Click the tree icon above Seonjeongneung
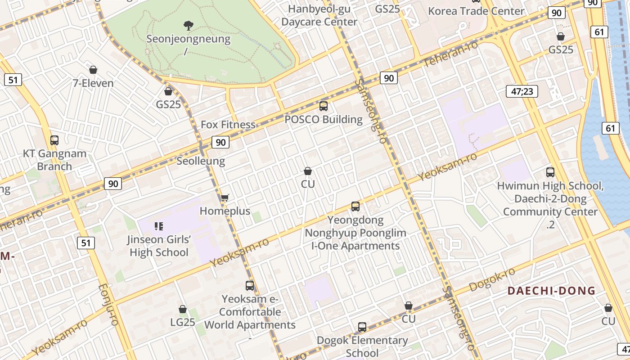[188, 25]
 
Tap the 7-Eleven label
[93, 83]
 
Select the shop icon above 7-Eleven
[93, 70]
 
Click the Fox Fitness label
[228, 125]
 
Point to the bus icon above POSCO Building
[323, 106]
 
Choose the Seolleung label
[201, 161]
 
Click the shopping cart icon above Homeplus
[225, 198]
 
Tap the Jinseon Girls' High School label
[159, 246]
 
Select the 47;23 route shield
[522, 91]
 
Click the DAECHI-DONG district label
[551, 291]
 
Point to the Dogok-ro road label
[492, 280]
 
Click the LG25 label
[183, 322]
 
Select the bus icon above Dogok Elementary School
[362, 327]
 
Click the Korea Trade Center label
[476, 11]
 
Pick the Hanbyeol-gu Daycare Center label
[319, 15]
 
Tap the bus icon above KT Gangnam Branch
[54, 140]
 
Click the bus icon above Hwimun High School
[550, 172]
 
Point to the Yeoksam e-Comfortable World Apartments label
[250, 312]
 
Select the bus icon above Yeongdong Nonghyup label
[355, 207]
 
